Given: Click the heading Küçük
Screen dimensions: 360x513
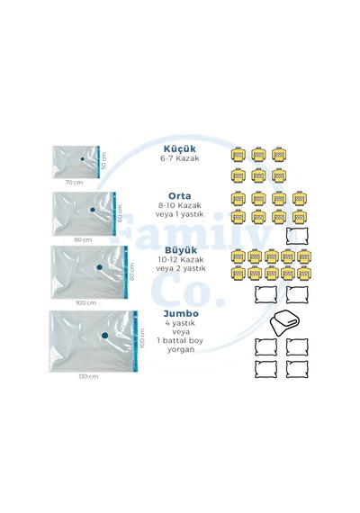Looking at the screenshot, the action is (180, 148).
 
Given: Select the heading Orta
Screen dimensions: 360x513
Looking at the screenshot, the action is (180, 196).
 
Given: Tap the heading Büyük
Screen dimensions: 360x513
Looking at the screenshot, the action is (181, 250).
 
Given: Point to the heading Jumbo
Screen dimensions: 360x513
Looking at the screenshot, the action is (181, 313).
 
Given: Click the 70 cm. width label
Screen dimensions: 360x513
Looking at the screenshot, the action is (75, 182).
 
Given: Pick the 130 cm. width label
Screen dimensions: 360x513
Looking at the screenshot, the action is (89, 376).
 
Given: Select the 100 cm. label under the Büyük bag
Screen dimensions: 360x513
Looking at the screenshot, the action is (86, 302).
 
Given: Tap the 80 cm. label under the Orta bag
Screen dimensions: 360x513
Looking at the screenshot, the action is (84, 239).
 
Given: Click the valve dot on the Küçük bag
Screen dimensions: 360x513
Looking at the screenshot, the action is (83, 159).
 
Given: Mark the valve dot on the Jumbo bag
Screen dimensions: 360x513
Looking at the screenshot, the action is (105, 336).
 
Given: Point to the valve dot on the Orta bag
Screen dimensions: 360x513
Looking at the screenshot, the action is (93, 210).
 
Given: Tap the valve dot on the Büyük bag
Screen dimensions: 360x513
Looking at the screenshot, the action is (100, 267).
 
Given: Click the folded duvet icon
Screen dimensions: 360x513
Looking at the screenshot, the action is (284, 323).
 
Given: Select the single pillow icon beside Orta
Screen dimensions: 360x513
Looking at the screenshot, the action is (297, 236).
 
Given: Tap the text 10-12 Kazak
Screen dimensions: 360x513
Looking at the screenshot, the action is (181, 260).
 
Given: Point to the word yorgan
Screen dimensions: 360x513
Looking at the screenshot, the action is (181, 349).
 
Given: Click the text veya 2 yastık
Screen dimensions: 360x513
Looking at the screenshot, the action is (181, 268).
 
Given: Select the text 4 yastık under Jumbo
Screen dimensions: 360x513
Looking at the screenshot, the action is (180, 323).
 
